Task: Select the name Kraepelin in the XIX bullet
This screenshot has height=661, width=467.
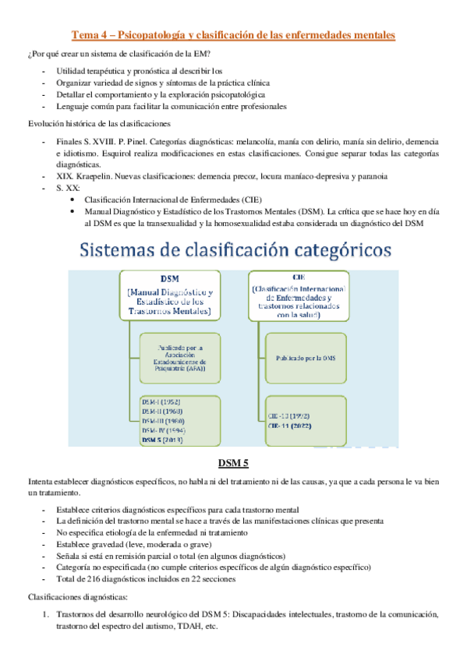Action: click(97, 176)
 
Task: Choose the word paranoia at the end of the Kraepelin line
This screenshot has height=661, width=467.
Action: click(370, 176)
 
